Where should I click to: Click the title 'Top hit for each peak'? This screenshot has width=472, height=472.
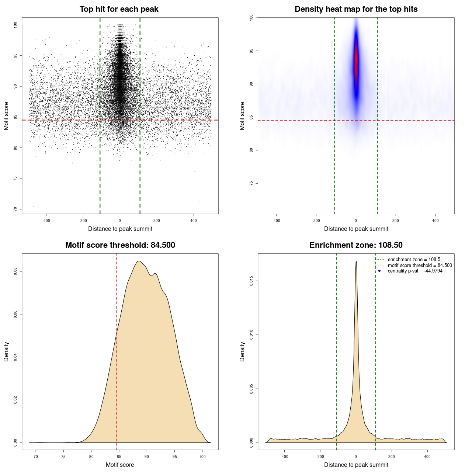(x=119, y=9)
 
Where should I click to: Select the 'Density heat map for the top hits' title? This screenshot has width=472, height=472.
(x=356, y=9)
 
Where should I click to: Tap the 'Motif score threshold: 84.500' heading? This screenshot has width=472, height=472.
(x=120, y=245)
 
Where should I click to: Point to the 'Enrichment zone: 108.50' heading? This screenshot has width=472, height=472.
(x=356, y=245)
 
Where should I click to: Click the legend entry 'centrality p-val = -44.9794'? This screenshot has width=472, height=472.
(x=415, y=271)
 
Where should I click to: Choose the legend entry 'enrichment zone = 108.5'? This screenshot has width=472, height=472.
(x=414, y=260)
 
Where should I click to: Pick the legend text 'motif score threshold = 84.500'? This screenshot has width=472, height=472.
(x=420, y=265)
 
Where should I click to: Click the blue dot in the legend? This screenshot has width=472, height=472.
(x=379, y=271)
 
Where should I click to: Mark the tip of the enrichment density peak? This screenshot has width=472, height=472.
(x=356, y=261)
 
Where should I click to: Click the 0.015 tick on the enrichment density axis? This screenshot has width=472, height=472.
(x=251, y=281)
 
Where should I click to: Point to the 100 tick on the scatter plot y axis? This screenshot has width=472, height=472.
(x=15, y=25)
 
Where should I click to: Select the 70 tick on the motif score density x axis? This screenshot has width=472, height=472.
(x=36, y=457)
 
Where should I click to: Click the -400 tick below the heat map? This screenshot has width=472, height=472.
(x=276, y=221)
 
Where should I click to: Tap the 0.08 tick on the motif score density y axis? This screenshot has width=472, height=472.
(x=15, y=271)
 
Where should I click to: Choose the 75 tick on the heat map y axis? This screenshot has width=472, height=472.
(x=251, y=183)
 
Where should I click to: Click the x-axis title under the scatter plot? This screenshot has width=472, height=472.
(x=120, y=229)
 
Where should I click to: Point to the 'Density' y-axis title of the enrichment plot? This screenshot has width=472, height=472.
(x=242, y=351)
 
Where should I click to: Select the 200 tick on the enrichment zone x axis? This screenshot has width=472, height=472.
(x=392, y=457)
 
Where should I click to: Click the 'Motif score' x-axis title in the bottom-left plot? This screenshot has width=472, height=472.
(x=120, y=465)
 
